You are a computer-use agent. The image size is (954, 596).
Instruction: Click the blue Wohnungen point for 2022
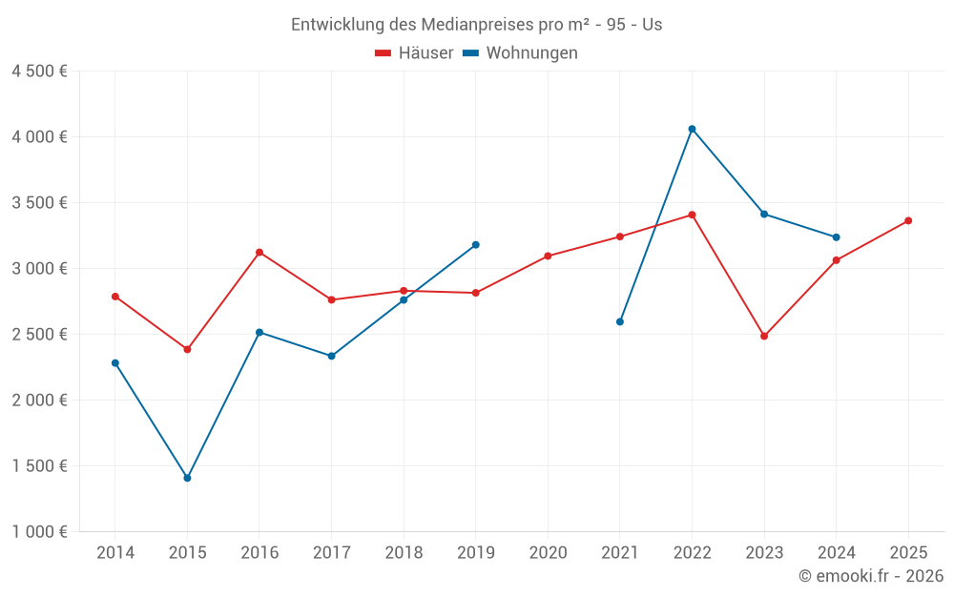tap(692, 129)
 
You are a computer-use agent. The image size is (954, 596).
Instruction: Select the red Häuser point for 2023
tap(764, 336)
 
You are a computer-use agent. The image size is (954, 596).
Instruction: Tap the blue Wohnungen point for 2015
tap(187, 478)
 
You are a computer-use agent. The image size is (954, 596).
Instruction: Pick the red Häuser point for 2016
tap(259, 252)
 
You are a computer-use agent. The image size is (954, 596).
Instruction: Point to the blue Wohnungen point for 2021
tap(620, 321)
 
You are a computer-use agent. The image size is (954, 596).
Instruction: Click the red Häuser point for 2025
tap(908, 220)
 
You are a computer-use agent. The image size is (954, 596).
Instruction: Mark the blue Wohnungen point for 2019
tap(475, 245)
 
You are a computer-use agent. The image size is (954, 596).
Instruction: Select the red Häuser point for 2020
tap(548, 256)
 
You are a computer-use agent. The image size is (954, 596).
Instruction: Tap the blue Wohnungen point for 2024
tap(837, 237)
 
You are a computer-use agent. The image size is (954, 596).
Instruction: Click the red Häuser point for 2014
tap(115, 297)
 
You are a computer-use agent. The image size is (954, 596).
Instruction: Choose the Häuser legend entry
tap(414, 53)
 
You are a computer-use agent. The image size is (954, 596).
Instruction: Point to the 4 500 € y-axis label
tap(39, 72)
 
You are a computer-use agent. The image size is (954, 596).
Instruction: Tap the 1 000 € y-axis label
tap(39, 532)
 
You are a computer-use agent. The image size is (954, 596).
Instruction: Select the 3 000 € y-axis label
tap(39, 269)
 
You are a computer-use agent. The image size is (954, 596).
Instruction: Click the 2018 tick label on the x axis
tap(404, 553)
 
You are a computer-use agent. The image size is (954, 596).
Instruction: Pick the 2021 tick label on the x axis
tap(620, 553)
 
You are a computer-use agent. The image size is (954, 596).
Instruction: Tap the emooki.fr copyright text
tap(871, 576)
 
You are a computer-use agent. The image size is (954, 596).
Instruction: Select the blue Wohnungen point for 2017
tap(331, 356)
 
